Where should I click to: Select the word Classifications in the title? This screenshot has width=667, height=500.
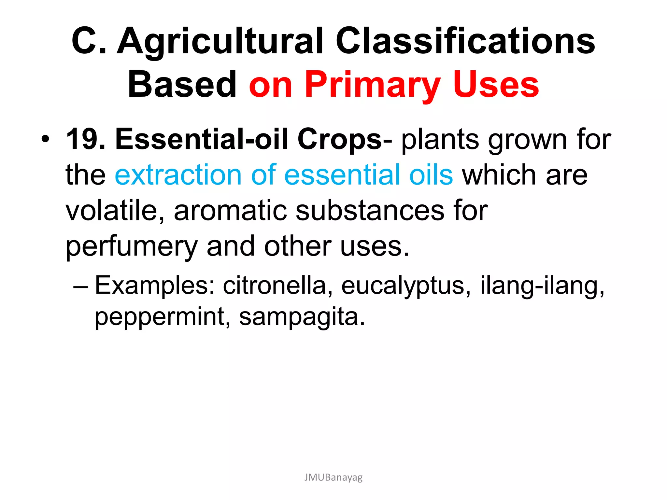pyautogui.click(x=465, y=41)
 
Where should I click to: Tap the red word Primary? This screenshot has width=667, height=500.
pyautogui.click(x=373, y=85)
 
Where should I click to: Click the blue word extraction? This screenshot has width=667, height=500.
pyautogui.click(x=178, y=175)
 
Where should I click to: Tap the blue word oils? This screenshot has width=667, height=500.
pyautogui.click(x=431, y=175)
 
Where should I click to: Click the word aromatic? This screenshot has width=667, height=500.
pyautogui.click(x=230, y=211)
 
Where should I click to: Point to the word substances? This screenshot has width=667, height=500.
pyautogui.click(x=370, y=211)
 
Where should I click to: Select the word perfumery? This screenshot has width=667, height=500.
pyautogui.click(x=132, y=247)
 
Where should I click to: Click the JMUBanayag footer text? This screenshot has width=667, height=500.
pyautogui.click(x=333, y=477)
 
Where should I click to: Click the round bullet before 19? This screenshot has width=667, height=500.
pyautogui.click(x=46, y=140)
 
